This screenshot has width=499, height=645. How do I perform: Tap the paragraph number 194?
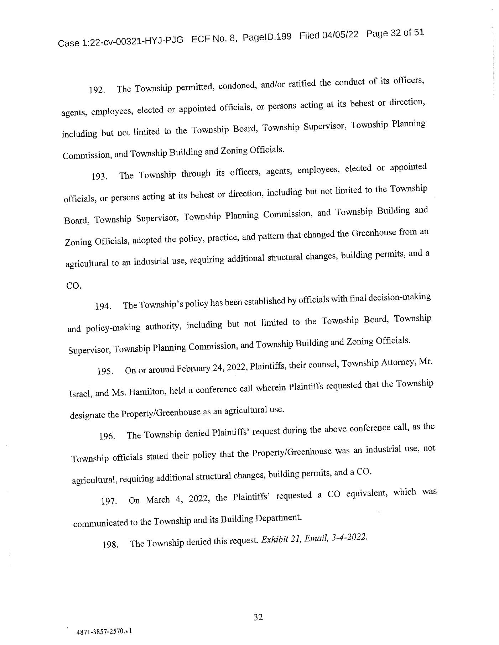tap(103, 306)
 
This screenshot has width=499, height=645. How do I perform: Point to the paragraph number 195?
tap(105, 371)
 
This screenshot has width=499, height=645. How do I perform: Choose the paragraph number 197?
tap(109, 502)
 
